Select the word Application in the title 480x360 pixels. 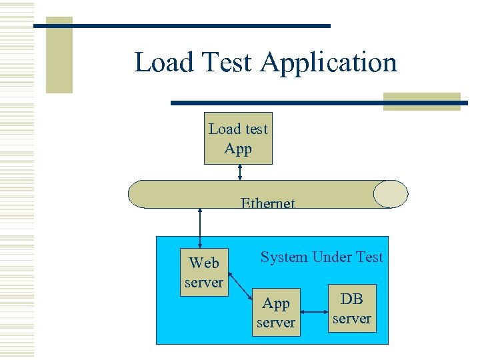[329, 63]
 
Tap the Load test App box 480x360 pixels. [238, 138]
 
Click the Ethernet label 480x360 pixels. [267, 203]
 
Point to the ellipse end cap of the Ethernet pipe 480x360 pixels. [391, 194]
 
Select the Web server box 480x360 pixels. [204, 272]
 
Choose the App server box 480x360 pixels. [275, 313]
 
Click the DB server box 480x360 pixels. [351, 309]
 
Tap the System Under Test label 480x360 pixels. [321, 257]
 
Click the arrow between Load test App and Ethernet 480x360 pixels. [240, 172]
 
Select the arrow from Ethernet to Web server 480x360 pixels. [199, 228]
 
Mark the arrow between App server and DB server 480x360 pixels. [314, 309]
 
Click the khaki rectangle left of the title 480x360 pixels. [59, 57]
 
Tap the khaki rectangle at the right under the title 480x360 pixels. [421, 101]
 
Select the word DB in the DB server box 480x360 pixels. [352, 299]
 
